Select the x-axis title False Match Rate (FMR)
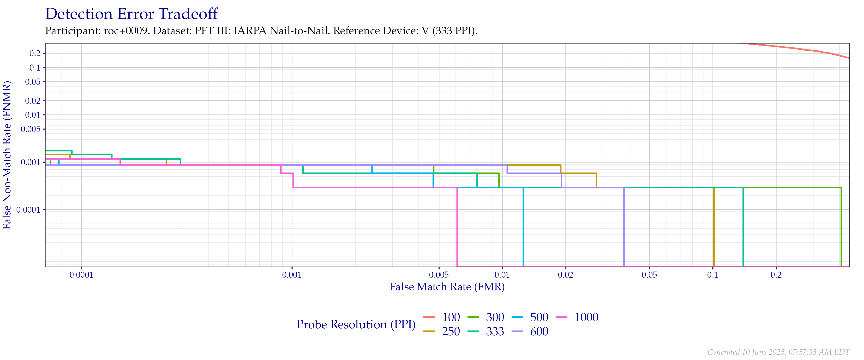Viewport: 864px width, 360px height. [447, 287]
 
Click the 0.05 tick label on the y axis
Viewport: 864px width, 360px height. [33, 82]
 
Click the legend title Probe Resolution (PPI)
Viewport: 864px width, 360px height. [356, 324]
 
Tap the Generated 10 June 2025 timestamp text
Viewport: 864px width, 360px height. [778, 352]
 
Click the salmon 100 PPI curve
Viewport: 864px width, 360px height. [805, 50]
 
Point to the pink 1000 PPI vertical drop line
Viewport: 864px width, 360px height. [457, 228]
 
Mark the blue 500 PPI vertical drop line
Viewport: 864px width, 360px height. [523, 228]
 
